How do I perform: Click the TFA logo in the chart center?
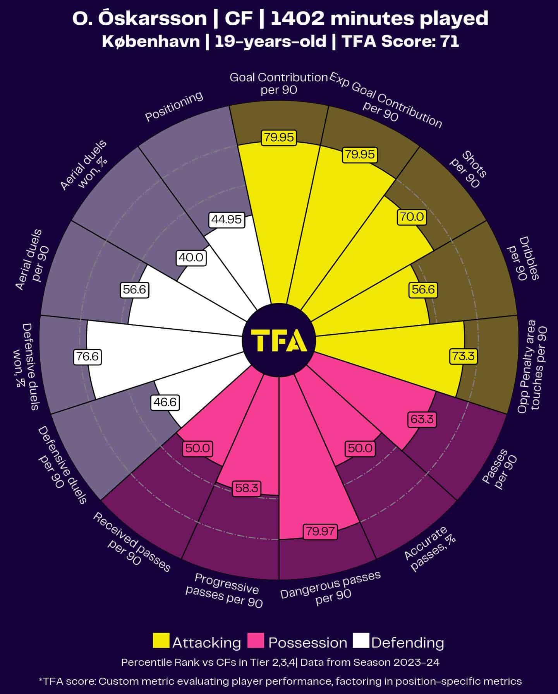(279, 341)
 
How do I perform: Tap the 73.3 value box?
(464, 356)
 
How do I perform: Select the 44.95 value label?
(227, 220)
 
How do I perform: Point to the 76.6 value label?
(88, 356)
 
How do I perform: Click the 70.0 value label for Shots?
(411, 216)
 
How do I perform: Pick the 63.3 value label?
(422, 419)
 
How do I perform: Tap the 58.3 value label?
(247, 488)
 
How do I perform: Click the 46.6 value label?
(165, 402)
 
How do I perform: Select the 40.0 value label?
(191, 257)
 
